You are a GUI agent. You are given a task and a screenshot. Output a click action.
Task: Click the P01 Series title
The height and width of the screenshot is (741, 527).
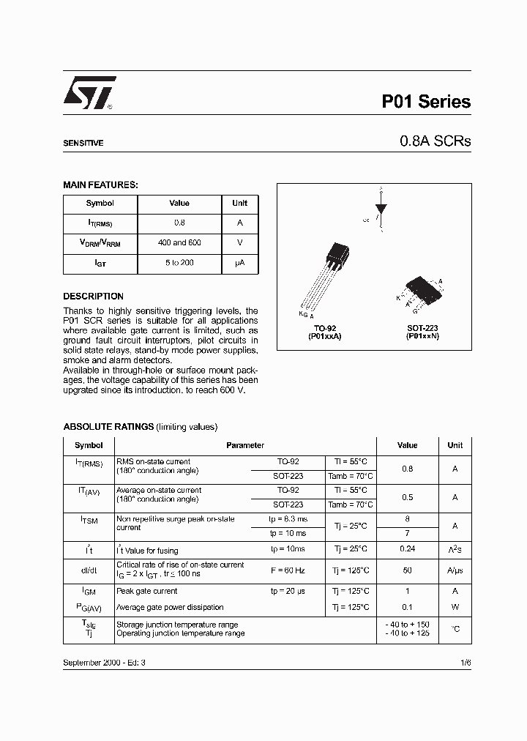[426, 103]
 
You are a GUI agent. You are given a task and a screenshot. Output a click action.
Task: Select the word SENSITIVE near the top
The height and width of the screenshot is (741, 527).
[83, 144]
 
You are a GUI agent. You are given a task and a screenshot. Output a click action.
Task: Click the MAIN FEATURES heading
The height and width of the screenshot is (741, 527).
[100, 185]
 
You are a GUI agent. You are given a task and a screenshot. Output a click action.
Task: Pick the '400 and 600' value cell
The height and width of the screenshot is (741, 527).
[179, 242]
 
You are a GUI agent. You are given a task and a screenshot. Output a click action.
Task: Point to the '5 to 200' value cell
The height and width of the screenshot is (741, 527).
[179, 262]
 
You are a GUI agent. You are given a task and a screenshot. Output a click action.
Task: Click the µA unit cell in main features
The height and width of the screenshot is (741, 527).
[239, 262]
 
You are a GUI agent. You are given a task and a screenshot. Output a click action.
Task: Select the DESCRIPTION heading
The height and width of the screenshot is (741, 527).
[93, 297]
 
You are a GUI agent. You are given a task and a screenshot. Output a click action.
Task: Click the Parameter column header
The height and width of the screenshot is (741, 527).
[245, 445]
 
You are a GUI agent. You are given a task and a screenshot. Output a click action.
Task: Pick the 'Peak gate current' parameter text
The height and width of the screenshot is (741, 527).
[147, 591]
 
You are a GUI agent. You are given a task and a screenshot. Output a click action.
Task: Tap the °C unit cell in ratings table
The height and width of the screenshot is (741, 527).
[455, 628]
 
